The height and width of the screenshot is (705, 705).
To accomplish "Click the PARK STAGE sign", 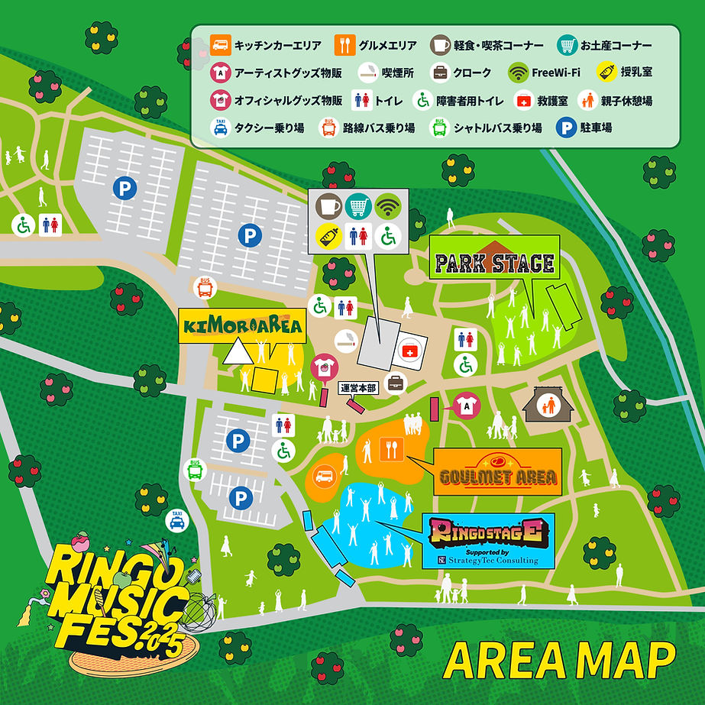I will pyautogui.click(x=494, y=263).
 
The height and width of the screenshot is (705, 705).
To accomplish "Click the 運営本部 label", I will pyautogui.click(x=359, y=387).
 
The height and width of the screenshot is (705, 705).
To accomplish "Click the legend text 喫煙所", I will pyautogui.click(x=397, y=73).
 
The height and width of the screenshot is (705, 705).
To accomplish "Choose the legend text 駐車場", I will pyautogui.click(x=597, y=128).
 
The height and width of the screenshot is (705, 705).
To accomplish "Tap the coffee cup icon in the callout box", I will pyautogui.click(x=329, y=206).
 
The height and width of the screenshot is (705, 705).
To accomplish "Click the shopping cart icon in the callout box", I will pyautogui.click(x=358, y=206).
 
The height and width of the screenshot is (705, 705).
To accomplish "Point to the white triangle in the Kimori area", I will pyautogui.click(x=237, y=352).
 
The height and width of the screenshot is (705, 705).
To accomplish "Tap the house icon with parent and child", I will pyautogui.click(x=545, y=404).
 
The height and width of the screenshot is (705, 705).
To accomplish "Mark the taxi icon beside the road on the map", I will pyautogui.click(x=177, y=521).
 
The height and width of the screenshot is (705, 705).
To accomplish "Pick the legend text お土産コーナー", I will pyautogui.click(x=616, y=45).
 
